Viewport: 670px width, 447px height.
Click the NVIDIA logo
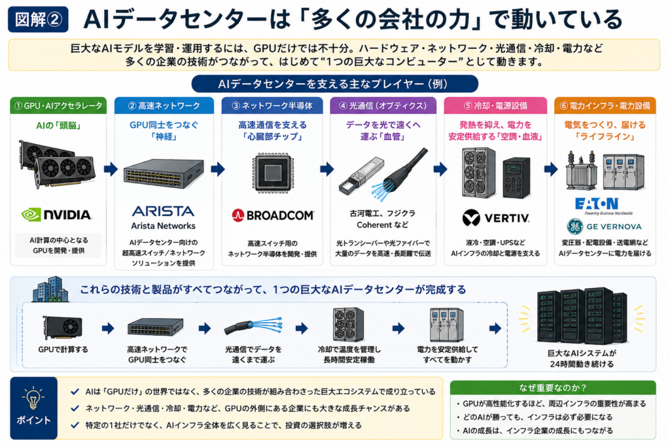(56, 215)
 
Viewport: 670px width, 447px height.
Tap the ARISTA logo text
(163, 211)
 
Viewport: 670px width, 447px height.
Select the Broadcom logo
(273, 215)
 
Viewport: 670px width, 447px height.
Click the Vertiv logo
(496, 218)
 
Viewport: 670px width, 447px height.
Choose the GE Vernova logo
(604, 226)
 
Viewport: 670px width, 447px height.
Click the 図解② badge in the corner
(38, 19)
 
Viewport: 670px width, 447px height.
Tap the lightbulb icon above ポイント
(33, 398)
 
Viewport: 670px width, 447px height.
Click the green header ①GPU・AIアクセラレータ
(58, 105)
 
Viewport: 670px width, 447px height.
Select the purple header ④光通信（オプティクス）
(383, 105)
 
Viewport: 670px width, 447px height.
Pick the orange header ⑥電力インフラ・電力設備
(605, 105)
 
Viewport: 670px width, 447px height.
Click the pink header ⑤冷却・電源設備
(495, 105)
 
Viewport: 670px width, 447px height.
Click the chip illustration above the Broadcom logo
(273, 173)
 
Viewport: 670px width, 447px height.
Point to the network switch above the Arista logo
(164, 173)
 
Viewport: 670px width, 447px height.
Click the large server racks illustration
(582, 316)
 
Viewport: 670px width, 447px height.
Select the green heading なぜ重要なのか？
(553, 387)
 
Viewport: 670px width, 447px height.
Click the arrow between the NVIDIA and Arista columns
(111, 170)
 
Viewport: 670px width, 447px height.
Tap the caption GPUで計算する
(63, 349)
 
